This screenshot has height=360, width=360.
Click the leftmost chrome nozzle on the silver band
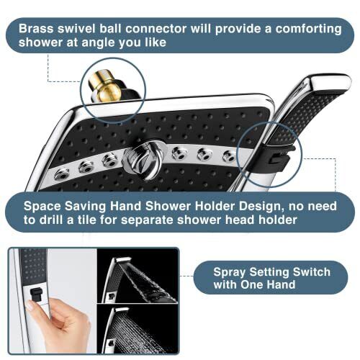coord(63,174)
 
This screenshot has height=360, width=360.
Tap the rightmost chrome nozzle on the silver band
coord(228,156)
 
